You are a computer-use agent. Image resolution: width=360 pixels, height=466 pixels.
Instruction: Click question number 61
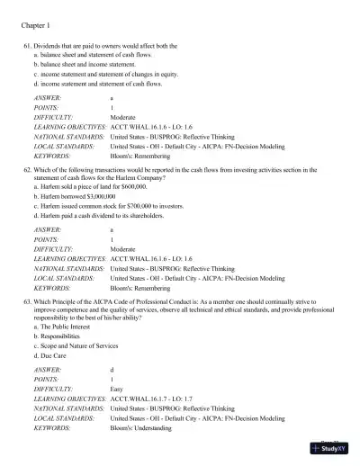point(27,45)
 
